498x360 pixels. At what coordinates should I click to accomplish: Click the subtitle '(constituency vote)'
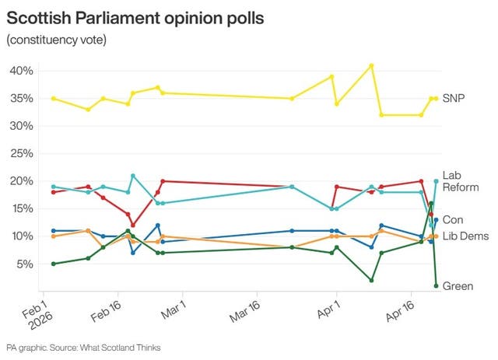coord(56,39)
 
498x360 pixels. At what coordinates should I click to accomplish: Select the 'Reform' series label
coord(460,187)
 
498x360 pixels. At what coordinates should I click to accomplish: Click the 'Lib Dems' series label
coord(464,236)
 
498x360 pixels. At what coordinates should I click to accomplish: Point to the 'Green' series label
coord(458,286)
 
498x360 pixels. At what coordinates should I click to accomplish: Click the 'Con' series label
coord(452,220)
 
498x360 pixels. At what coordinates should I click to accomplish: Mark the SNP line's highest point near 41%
coord(372,65)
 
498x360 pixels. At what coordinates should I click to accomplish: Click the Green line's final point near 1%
coord(436,285)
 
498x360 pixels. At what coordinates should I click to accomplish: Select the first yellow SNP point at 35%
coord(53,99)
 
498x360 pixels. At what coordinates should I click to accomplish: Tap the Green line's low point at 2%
coord(372,280)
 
